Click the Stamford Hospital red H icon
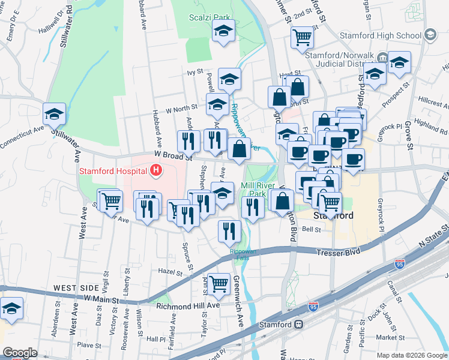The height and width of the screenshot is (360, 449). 157,170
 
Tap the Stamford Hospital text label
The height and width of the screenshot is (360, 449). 115,171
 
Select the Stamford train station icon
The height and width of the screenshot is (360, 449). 298,324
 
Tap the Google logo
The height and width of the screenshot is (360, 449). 20,352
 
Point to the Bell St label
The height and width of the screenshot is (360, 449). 312,229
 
